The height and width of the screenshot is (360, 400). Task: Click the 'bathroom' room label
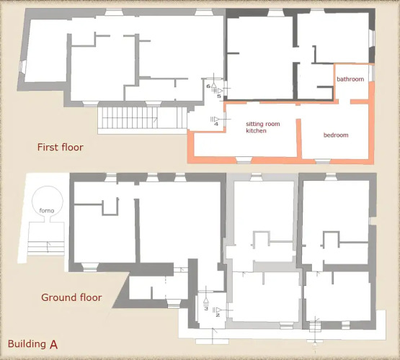[350, 79]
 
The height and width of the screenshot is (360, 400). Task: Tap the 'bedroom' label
[336, 135]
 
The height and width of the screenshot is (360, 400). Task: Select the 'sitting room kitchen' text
[263, 127]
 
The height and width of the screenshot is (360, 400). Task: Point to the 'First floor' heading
[61, 148]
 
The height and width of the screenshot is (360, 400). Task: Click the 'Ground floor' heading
[71, 297]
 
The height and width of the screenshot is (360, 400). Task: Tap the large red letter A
[54, 345]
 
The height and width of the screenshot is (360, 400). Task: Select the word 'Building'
[27, 344]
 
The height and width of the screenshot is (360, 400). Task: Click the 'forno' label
[47, 210]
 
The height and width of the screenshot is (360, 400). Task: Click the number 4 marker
[216, 124]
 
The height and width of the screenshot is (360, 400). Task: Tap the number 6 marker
[208, 86]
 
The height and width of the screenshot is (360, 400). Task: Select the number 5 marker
[219, 96]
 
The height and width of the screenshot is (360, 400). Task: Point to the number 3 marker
[206, 309]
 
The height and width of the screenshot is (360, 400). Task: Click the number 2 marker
[218, 315]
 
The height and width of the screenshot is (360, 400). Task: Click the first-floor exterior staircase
[143, 117]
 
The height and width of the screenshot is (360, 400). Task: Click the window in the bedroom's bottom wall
[322, 161]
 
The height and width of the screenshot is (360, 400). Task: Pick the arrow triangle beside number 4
[217, 119]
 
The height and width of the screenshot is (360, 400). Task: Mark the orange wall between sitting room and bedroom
[299, 138]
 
